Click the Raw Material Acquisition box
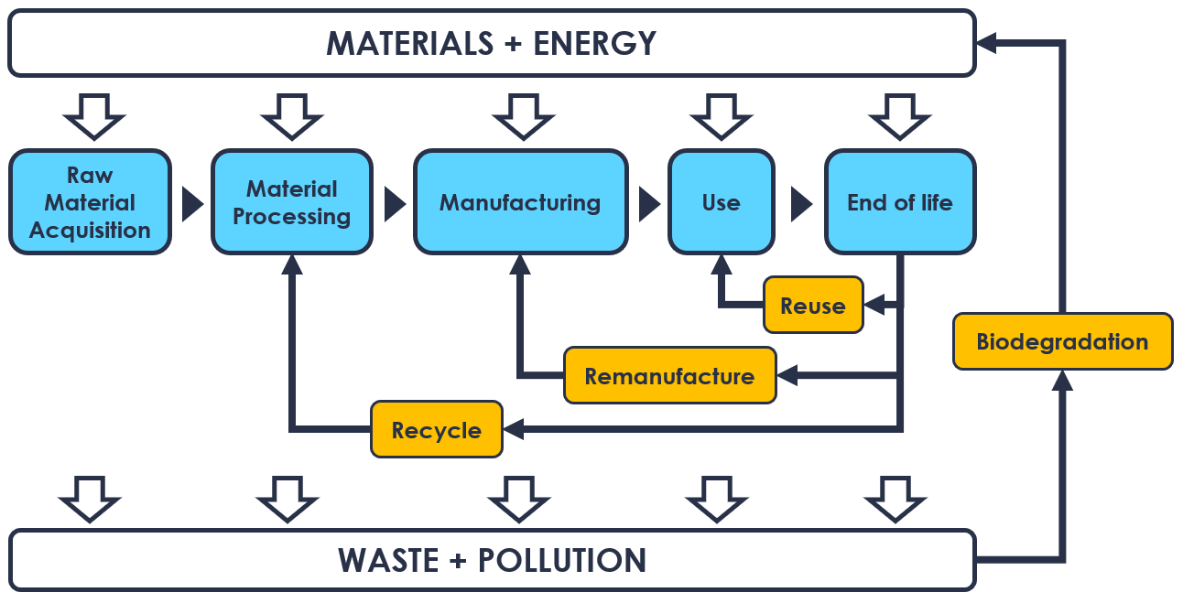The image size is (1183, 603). [90, 202]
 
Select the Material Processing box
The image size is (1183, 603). [292, 202]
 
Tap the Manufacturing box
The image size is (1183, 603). [520, 202]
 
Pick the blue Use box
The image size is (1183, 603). [721, 202]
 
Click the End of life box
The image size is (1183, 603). [900, 202]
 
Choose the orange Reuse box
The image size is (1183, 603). [813, 306]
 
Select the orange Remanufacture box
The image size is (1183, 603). [669, 375]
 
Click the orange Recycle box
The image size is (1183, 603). [437, 429]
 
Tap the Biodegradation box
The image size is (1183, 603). [1062, 342]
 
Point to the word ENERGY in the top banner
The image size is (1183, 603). [595, 43]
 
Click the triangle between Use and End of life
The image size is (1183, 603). [801, 203]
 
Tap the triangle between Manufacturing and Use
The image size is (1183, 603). [649, 203]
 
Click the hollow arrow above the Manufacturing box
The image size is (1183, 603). [523, 114]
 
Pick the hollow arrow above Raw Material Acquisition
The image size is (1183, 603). [93, 114]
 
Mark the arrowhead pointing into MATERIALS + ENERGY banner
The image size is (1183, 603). [987, 43]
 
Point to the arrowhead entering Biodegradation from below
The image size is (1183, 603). [1062, 380]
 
